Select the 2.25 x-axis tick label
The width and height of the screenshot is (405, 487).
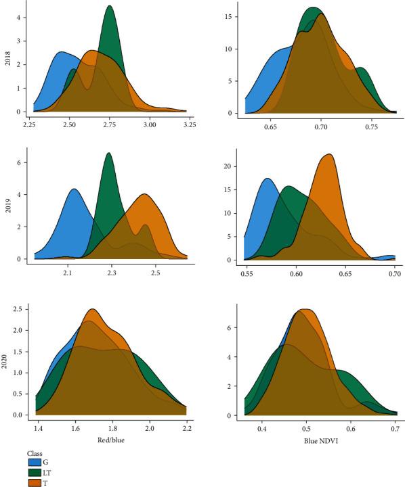pyautogui.click(x=30, y=124)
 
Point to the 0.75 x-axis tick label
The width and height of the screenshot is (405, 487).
pyautogui.click(x=371, y=126)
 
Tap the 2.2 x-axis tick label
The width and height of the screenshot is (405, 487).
pyautogui.click(x=187, y=429)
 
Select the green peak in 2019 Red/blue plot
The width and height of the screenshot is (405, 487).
pyautogui.click(x=108, y=154)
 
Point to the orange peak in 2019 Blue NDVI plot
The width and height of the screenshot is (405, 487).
pyautogui.click(x=328, y=155)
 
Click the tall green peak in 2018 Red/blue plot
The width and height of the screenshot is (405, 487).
pyautogui.click(x=110, y=7)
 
